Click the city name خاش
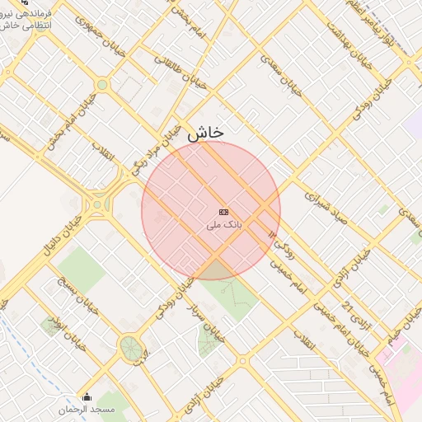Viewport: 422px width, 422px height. coord(205,132)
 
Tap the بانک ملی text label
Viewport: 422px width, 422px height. coord(224,223)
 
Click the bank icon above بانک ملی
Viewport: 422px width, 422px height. coord(224,212)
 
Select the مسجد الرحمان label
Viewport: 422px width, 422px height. coord(87,410)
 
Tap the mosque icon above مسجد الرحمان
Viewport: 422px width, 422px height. coord(87,397)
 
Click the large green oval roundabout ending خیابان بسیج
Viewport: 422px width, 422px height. coord(130,347)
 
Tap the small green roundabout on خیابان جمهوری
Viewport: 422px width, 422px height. coord(102,84)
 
